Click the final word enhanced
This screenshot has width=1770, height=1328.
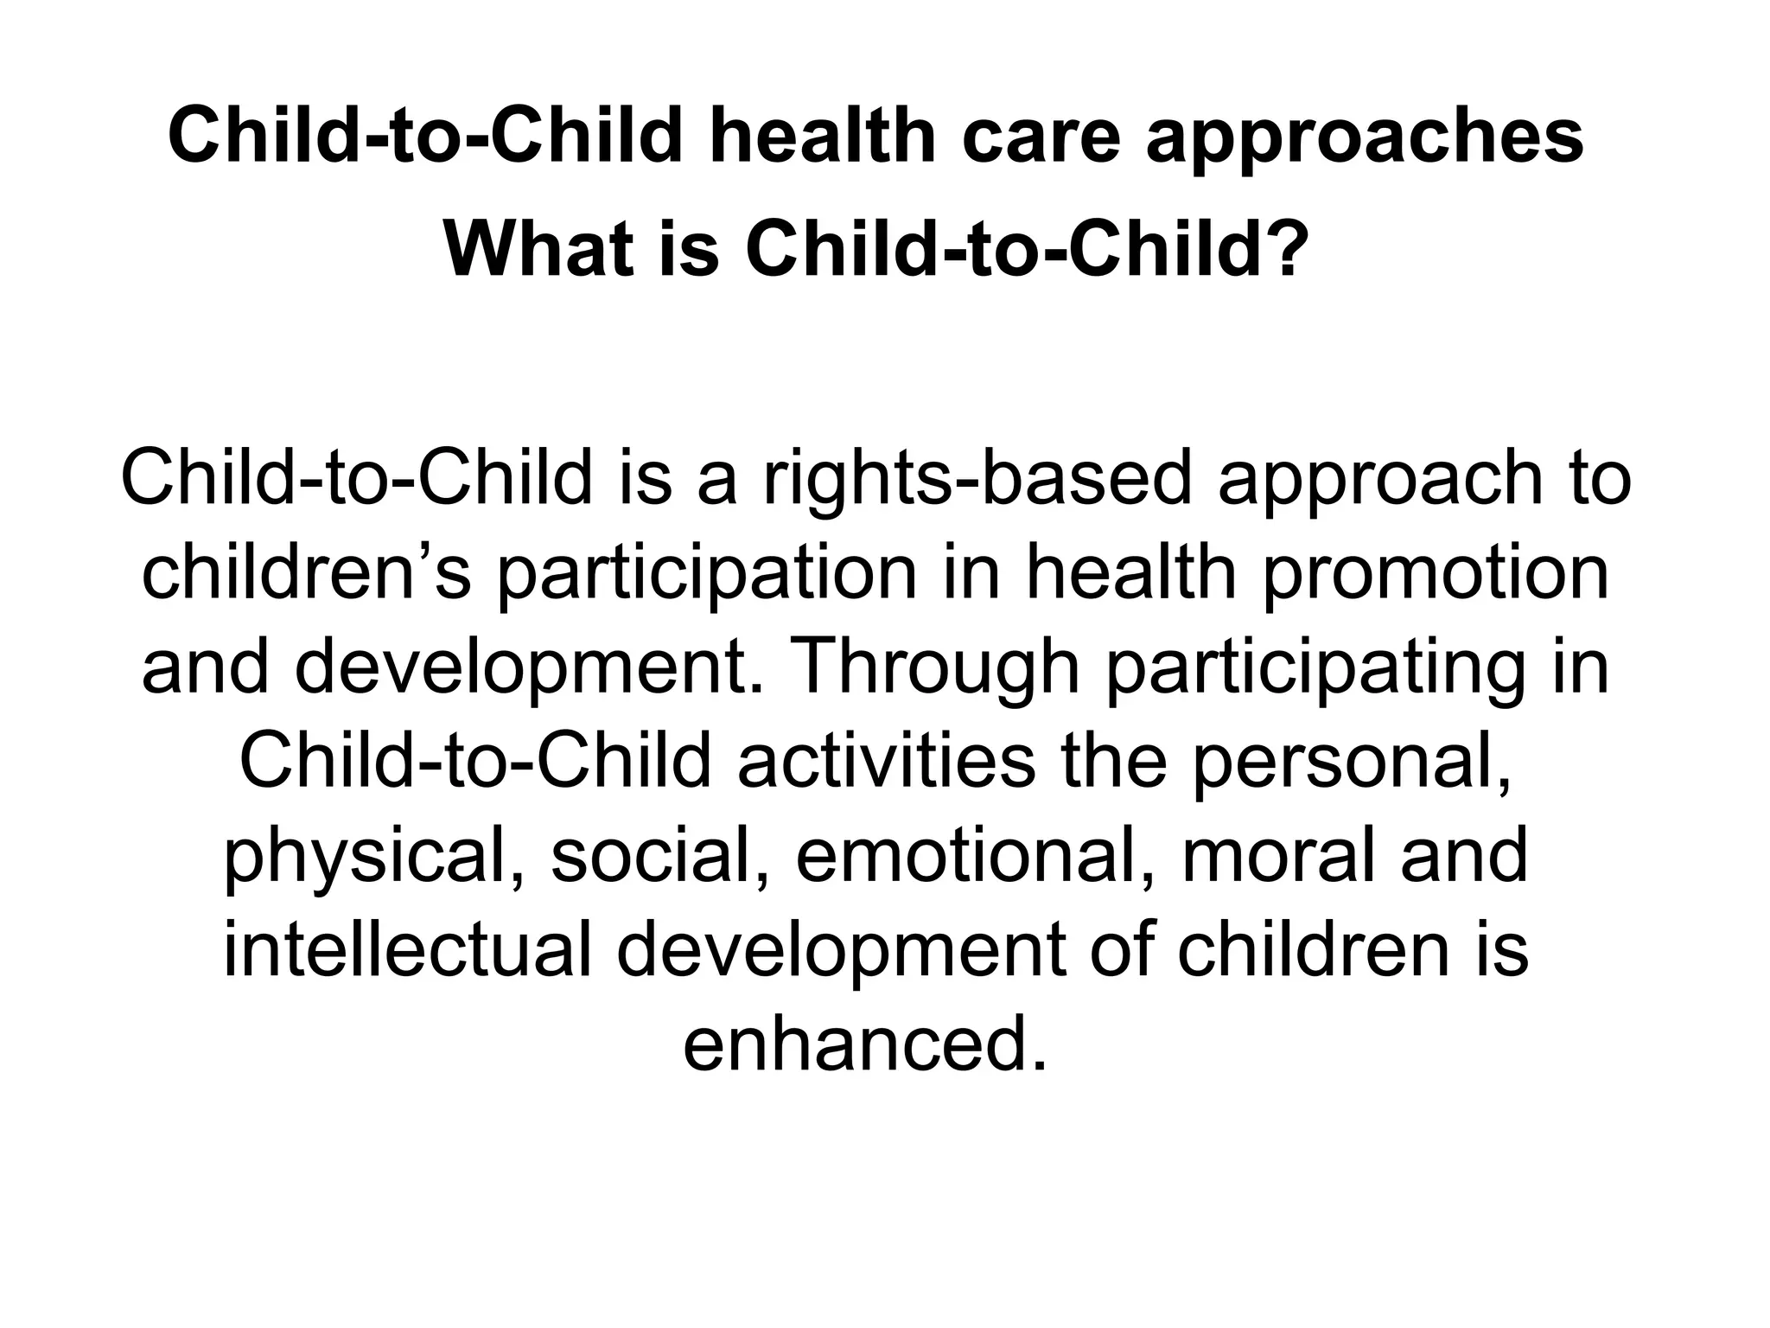click(x=865, y=1045)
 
